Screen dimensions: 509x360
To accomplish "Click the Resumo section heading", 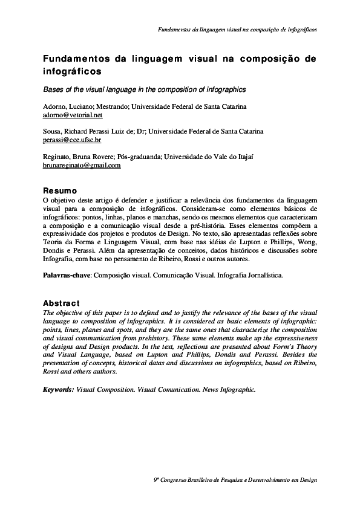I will coord(59,189).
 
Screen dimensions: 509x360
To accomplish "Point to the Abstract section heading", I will coord(61,302).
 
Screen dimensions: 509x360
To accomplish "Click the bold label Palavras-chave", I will coord(67,274).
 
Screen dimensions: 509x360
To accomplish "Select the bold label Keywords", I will coord(59,389).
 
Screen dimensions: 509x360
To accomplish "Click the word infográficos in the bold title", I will coord(71,71).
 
